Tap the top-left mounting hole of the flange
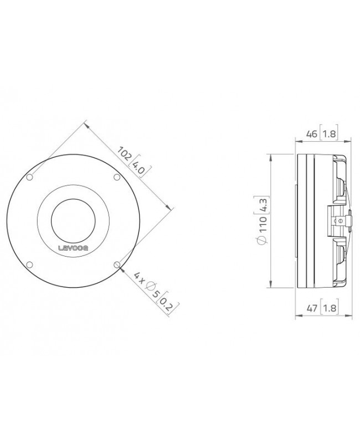click(x=29, y=177)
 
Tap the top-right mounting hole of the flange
click(x=116, y=177)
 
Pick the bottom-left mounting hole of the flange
click(x=29, y=264)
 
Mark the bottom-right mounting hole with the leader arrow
click(x=116, y=264)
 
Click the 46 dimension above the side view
click(x=312, y=134)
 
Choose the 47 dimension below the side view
click(x=312, y=308)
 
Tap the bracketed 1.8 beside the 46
click(x=329, y=134)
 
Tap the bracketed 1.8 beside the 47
click(x=329, y=308)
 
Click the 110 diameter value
click(x=263, y=223)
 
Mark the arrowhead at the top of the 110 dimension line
click(x=269, y=156)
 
